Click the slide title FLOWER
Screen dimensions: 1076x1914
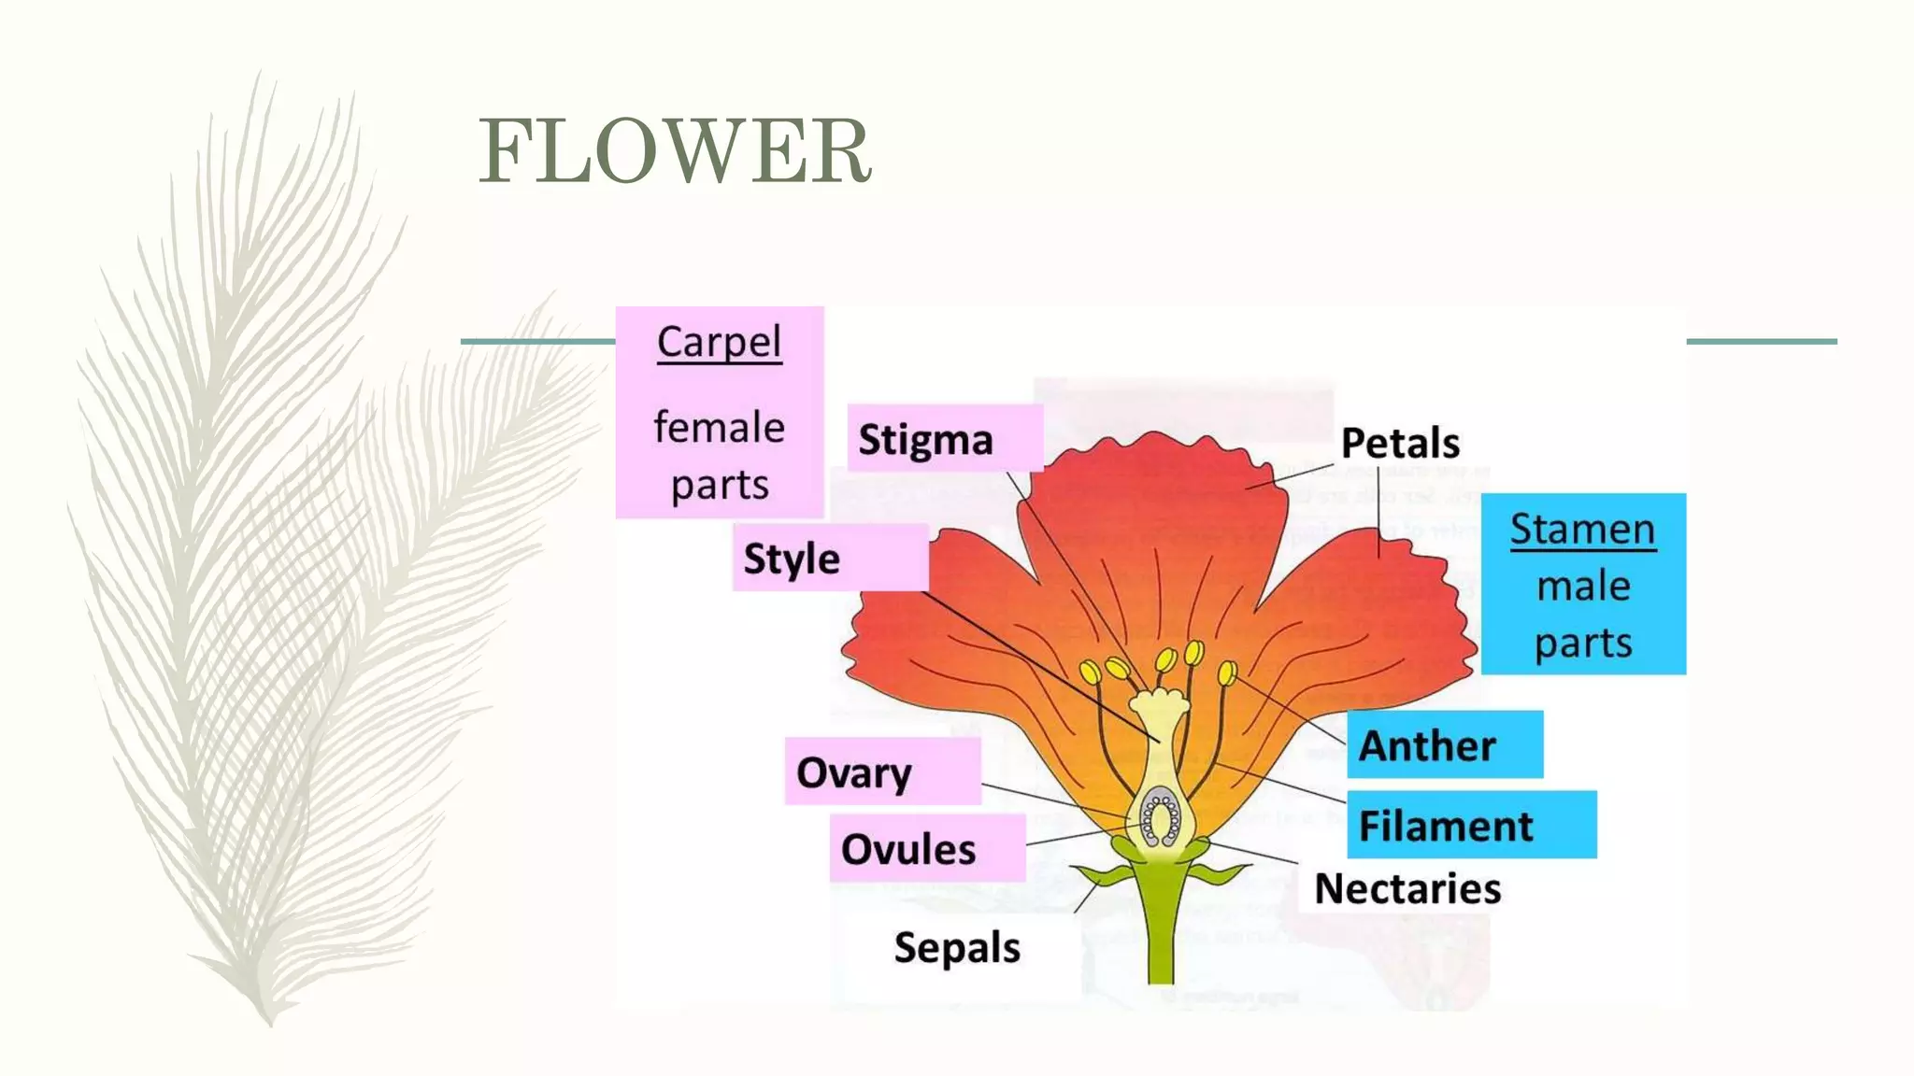[x=675, y=151]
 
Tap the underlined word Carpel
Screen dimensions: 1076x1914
[x=719, y=342]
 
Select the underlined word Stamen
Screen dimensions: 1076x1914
[x=1582, y=530]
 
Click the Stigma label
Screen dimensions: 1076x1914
[x=925, y=440]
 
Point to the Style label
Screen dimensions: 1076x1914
[x=792, y=559]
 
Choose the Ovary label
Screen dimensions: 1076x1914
[x=853, y=772]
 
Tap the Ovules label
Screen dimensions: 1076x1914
[x=907, y=849]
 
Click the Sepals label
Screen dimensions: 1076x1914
[x=957, y=947]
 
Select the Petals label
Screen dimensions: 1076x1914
[x=1400, y=443]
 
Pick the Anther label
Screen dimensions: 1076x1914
[x=1427, y=745]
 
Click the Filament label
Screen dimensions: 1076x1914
[x=1445, y=827]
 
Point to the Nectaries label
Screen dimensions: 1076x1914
[x=1407, y=888]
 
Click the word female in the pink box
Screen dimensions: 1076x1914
[x=719, y=428]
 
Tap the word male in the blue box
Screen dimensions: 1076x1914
[x=1583, y=587]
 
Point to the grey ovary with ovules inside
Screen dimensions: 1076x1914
[x=1160, y=816]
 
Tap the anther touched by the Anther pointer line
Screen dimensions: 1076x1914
[x=1227, y=672]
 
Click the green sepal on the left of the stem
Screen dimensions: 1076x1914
[x=1105, y=876]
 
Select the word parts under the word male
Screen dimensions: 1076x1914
[x=1583, y=644]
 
